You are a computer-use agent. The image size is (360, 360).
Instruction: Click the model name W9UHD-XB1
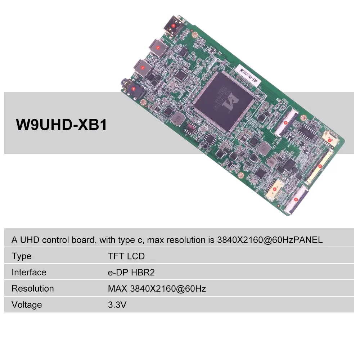tap(61, 125)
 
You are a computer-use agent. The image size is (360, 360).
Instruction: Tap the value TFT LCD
tap(126, 256)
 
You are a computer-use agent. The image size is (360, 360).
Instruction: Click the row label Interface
tap(29, 272)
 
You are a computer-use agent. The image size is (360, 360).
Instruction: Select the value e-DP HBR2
tap(131, 272)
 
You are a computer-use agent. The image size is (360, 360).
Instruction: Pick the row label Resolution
tap(32, 288)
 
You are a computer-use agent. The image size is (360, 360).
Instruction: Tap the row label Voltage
tap(27, 305)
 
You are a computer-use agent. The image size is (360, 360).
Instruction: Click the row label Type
tap(21, 256)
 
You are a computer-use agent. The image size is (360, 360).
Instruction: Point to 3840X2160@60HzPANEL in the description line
tap(270, 240)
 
